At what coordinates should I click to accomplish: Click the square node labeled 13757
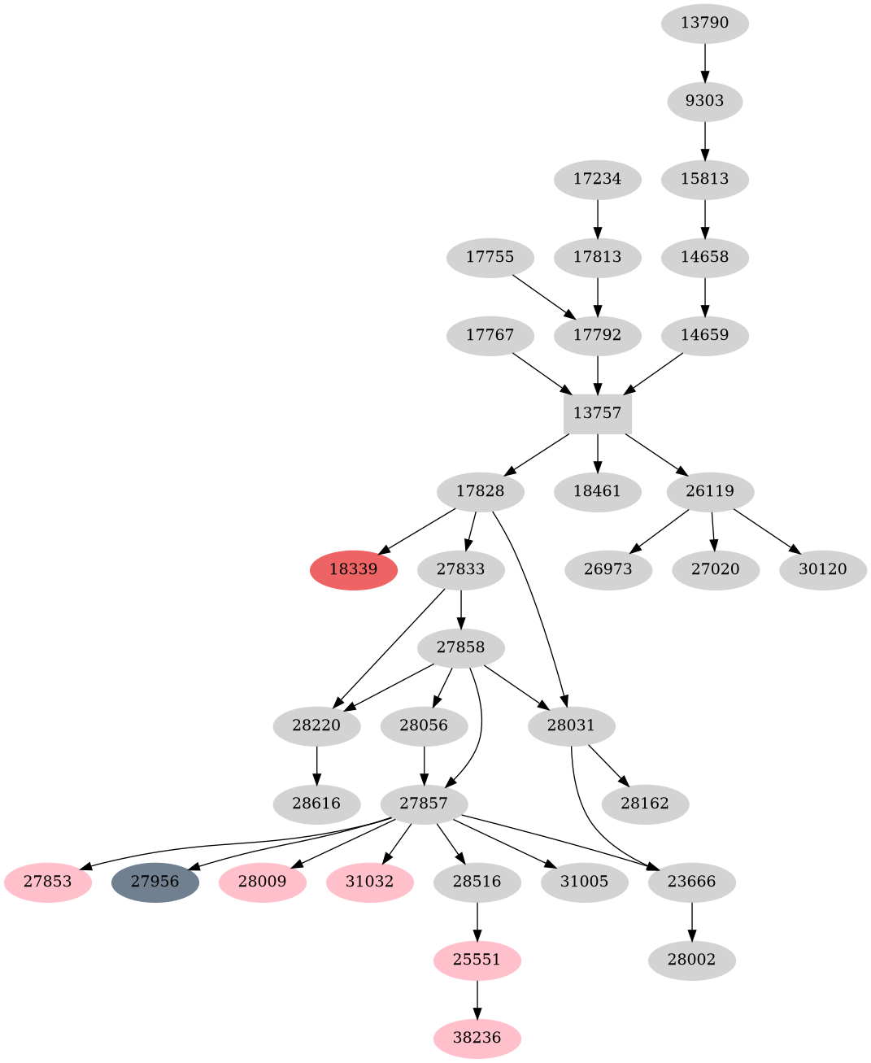pos(598,413)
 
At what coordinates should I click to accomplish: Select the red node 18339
pos(354,569)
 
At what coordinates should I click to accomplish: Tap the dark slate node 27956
pos(155,882)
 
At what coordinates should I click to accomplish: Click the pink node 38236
pos(477,1038)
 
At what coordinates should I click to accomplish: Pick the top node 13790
pos(705,23)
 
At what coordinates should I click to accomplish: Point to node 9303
pos(705,101)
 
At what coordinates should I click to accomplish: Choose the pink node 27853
pos(48,882)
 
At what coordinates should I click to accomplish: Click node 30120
pos(823,569)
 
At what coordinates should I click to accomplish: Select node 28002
pos(692,960)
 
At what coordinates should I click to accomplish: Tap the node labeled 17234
pos(598,179)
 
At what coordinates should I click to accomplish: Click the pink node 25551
pos(477,960)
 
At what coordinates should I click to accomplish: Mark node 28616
pos(317,804)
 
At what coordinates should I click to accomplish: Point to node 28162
pos(645,804)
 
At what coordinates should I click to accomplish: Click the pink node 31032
pos(370,882)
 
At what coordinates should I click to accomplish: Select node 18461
pos(597,491)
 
